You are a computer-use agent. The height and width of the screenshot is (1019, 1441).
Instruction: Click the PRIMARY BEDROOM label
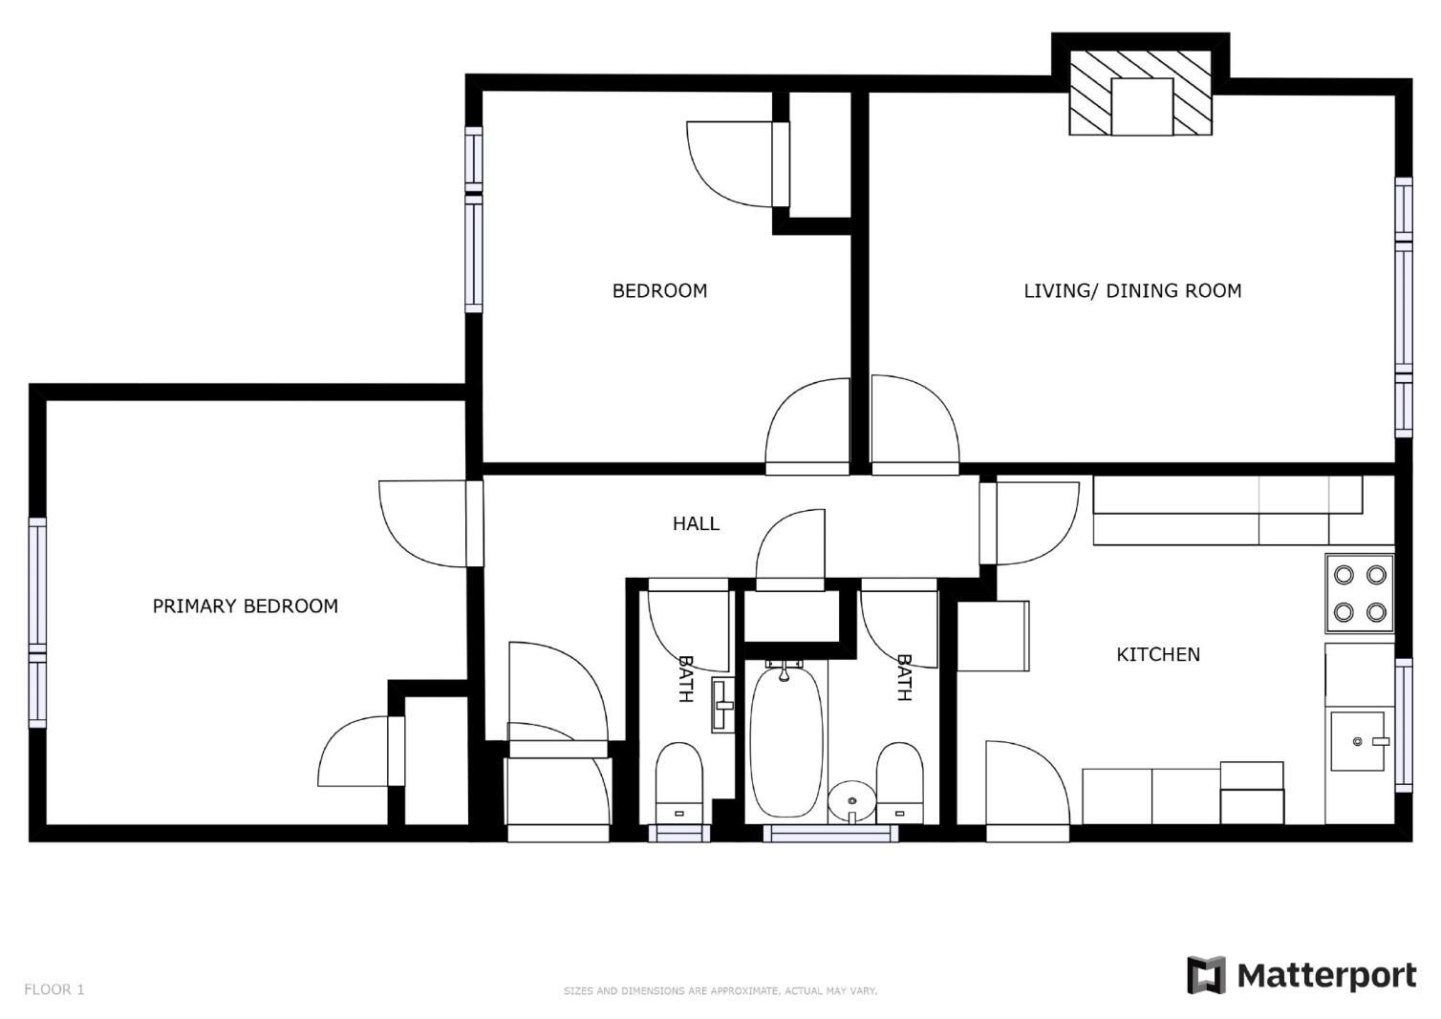[246, 606]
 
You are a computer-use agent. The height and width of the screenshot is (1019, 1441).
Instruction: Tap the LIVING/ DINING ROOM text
[1132, 291]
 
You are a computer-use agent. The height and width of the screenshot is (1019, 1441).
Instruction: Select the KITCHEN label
[1158, 654]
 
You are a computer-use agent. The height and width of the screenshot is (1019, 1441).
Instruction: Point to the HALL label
[696, 523]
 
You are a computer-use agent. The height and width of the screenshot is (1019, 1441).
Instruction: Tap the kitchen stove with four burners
[1360, 592]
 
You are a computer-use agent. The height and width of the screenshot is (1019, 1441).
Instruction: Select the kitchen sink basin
[1357, 741]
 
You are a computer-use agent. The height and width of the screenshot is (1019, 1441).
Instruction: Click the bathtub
[786, 743]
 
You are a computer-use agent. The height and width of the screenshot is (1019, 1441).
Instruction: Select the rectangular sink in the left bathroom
[723, 705]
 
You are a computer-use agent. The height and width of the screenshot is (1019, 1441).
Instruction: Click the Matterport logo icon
[1206, 975]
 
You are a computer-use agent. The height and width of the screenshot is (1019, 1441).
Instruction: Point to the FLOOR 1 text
[54, 989]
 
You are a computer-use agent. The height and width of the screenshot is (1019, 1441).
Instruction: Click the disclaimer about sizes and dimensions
[720, 991]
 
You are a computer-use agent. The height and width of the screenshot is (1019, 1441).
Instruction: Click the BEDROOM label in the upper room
[659, 291]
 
